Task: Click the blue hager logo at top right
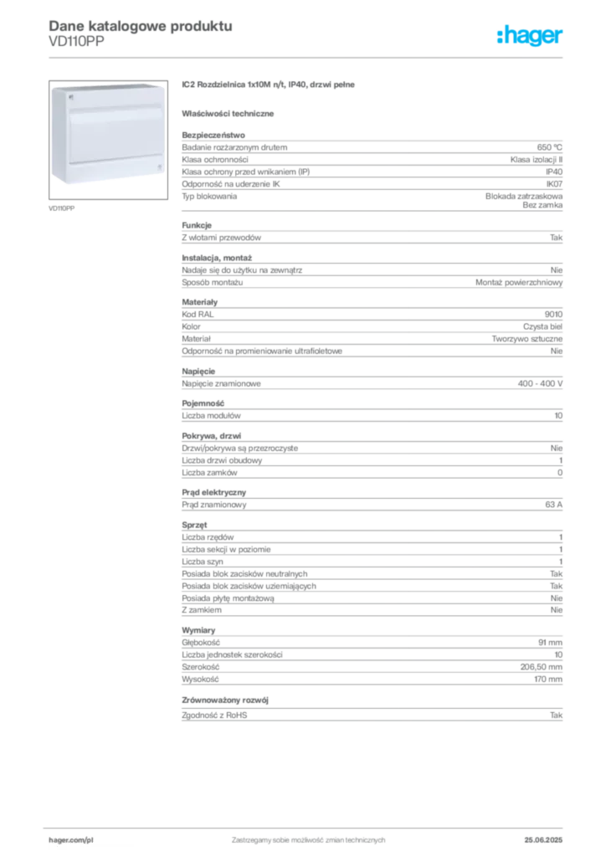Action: (x=531, y=36)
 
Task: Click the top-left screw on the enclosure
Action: (x=69, y=96)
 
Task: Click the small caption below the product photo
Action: (x=64, y=208)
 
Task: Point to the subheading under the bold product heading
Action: (x=231, y=112)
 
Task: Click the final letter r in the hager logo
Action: (x=560, y=38)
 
